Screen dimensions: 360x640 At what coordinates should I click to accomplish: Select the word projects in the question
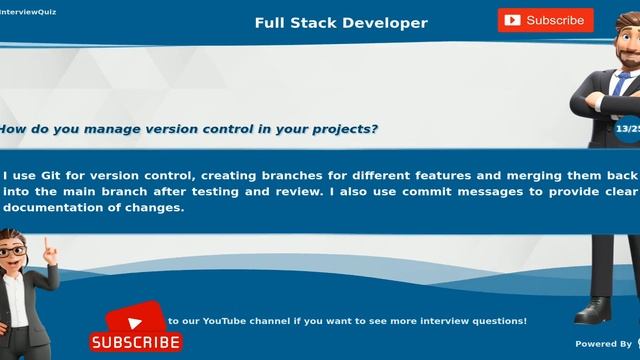point(338,129)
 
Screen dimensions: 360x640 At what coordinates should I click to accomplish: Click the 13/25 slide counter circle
point(628,128)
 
